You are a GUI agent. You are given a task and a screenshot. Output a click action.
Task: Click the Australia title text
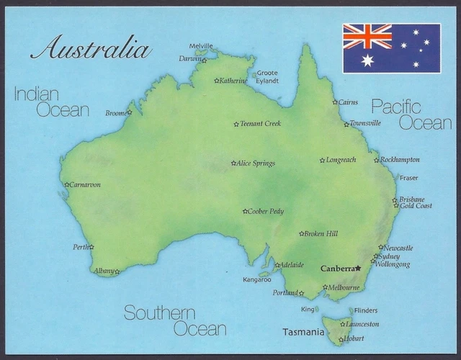point(91,48)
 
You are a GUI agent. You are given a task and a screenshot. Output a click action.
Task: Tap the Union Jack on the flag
point(367,36)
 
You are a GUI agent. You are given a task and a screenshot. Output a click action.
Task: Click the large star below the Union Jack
point(367,60)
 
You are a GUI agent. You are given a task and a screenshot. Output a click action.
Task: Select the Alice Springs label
point(256,163)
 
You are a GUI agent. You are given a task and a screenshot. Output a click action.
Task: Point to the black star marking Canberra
point(358,268)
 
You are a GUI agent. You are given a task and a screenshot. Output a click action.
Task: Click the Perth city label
point(80,247)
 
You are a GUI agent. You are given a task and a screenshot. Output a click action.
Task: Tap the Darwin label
point(190,59)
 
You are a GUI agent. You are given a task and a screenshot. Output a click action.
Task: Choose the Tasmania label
point(303,333)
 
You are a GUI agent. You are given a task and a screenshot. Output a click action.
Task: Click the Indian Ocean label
point(51,102)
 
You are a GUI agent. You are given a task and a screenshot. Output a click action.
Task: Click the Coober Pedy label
point(267,212)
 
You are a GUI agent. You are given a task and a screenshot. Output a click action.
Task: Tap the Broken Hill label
point(321,234)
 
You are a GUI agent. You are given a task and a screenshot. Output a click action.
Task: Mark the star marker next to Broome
point(130,112)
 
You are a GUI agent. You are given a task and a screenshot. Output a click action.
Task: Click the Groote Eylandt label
point(267,77)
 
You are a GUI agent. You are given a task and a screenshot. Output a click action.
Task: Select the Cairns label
point(348,102)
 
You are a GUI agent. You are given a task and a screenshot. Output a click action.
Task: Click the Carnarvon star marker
point(67,184)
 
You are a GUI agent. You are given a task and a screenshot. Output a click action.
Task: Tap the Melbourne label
point(345,287)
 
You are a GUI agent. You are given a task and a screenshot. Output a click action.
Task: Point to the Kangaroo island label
point(256,279)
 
